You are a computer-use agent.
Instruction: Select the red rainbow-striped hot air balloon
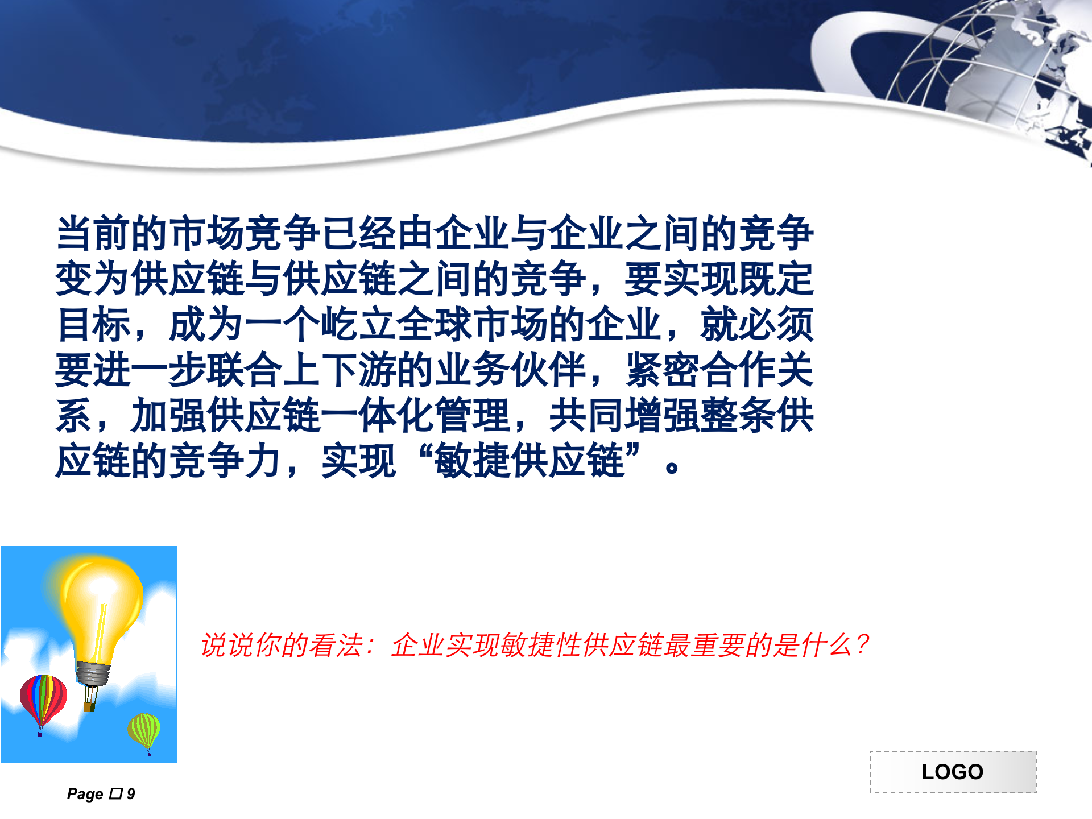pyautogui.click(x=43, y=698)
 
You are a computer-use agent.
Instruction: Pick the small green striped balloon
pyautogui.click(x=144, y=730)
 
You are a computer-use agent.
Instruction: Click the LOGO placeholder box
pyautogui.click(x=953, y=772)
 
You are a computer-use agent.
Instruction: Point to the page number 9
pyautogui.click(x=131, y=794)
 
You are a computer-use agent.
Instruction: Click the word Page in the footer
pyautogui.click(x=85, y=794)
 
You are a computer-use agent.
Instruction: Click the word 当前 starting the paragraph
pyautogui.click(x=93, y=234)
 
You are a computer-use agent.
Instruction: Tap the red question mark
pyautogui.click(x=862, y=644)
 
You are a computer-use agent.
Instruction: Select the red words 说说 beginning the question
pyautogui.click(x=227, y=646)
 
